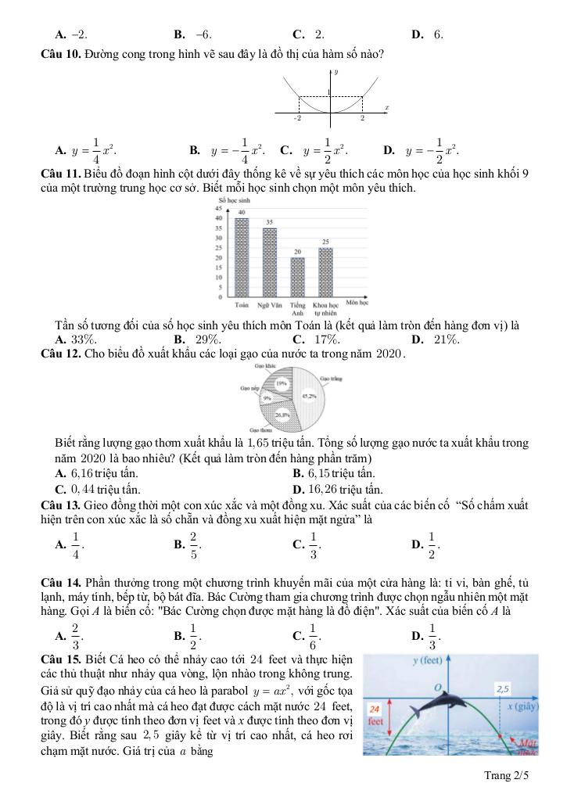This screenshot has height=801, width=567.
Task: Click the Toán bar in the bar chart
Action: pos(242,257)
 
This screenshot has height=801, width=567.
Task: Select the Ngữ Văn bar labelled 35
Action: pos(270,262)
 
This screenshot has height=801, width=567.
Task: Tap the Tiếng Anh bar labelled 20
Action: pos(297,277)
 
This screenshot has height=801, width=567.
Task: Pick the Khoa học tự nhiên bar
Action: pos(325,271)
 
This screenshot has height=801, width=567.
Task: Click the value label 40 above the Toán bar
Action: pos(242,213)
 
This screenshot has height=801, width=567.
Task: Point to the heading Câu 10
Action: pos(60,54)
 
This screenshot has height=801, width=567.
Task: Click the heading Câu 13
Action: pos(60,505)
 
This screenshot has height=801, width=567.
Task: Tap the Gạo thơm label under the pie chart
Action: pos(260,429)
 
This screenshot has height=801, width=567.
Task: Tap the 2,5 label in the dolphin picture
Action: pos(503,689)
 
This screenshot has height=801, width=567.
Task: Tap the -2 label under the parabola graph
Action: pos(298,118)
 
